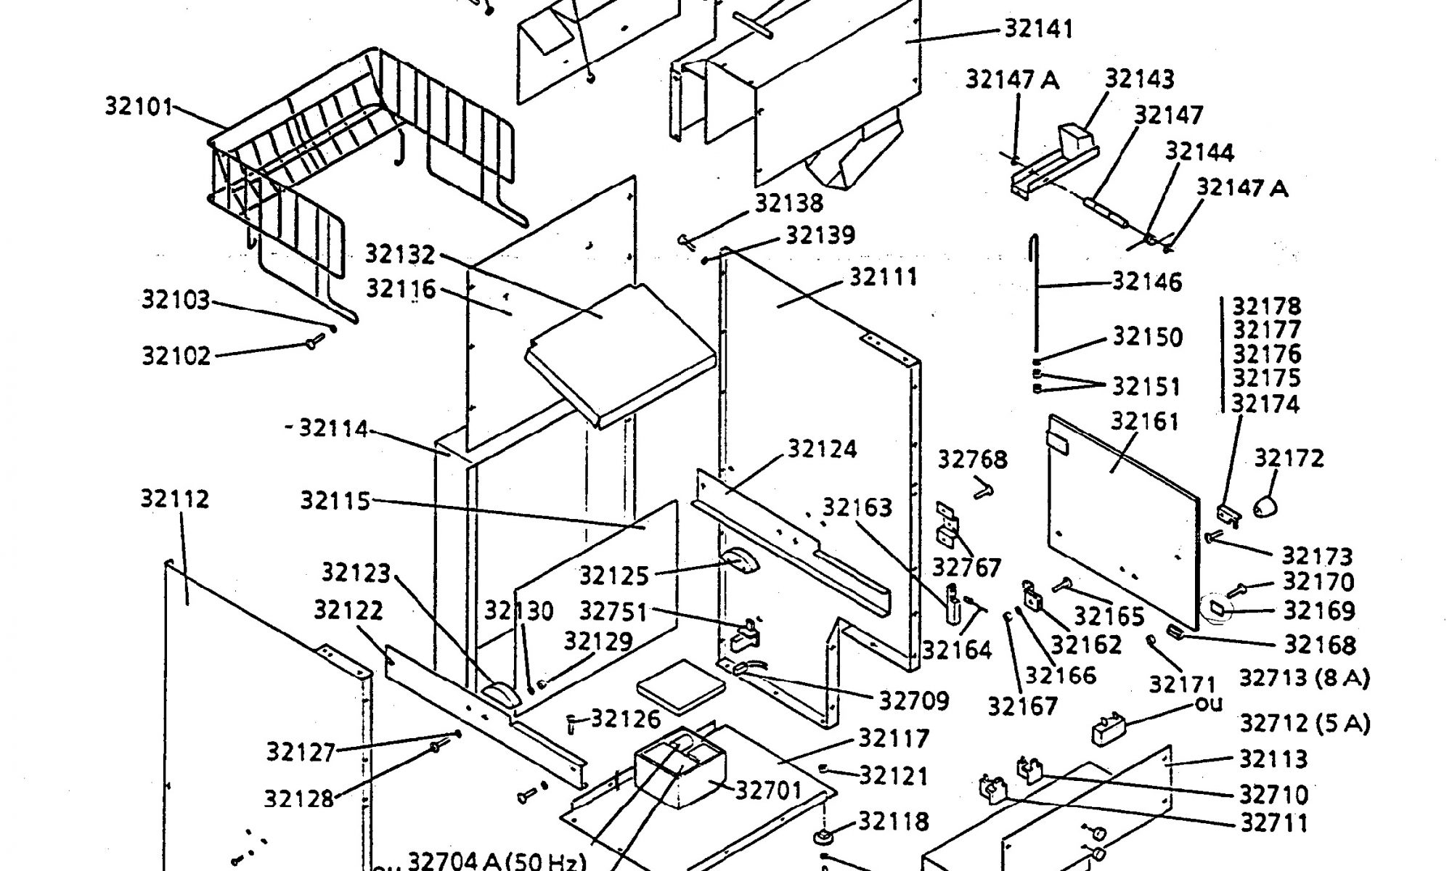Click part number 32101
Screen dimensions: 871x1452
[139, 107]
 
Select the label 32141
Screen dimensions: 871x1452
[1039, 29]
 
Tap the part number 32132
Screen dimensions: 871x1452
[400, 255]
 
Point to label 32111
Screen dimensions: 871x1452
[884, 277]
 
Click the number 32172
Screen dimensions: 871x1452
[1289, 458]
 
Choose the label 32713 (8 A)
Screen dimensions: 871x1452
[1304, 679]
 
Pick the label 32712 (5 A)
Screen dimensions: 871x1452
[1304, 724]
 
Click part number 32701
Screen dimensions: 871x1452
[769, 789]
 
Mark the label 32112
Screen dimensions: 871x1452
[175, 499]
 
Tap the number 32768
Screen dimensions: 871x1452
[972, 459]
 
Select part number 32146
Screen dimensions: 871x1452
[1147, 282]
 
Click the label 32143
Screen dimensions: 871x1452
[1139, 79]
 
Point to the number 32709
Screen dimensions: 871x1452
[914, 700]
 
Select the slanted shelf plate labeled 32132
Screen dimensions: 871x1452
[617, 348]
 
